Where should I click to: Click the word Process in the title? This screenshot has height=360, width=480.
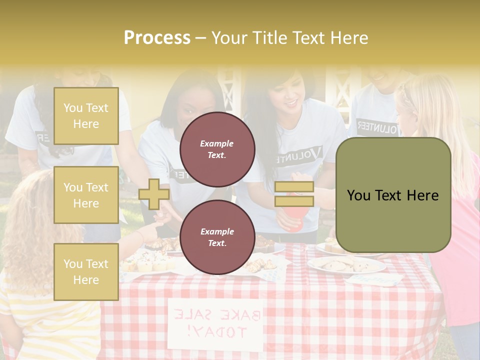(157, 38)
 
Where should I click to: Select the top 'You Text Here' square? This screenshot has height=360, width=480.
(86, 116)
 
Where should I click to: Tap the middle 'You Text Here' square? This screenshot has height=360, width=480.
(86, 195)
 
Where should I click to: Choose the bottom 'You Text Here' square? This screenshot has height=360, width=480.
(86, 272)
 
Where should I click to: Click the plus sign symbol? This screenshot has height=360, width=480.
(154, 194)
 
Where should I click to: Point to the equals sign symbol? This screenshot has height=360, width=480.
(294, 194)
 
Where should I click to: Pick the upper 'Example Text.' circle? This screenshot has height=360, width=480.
(217, 149)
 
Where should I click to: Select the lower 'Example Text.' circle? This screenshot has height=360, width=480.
(217, 237)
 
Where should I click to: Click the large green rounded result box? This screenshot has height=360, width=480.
(393, 195)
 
